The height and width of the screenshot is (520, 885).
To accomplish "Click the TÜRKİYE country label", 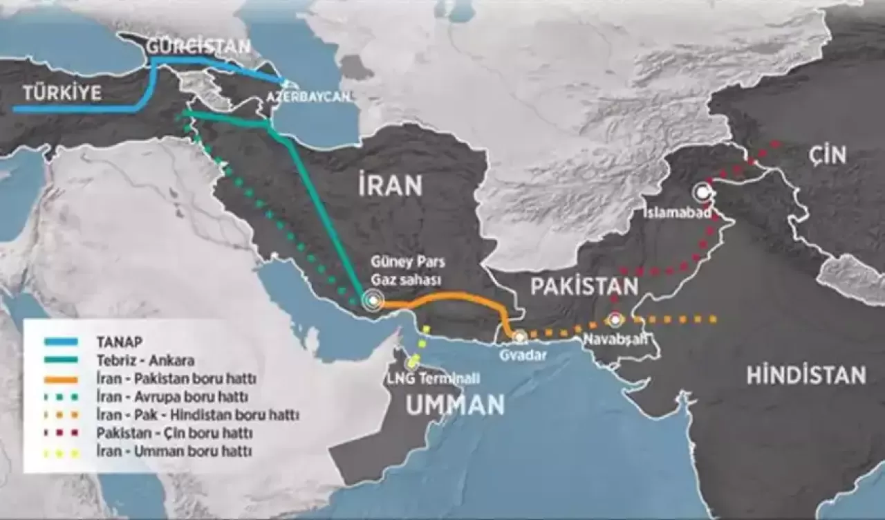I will (x=62, y=93).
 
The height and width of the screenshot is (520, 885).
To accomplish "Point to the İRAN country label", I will (x=390, y=185).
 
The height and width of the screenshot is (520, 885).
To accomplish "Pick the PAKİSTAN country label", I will (x=584, y=286).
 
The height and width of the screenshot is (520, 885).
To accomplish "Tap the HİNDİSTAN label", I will (x=805, y=375).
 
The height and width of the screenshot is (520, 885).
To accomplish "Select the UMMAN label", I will (x=454, y=405).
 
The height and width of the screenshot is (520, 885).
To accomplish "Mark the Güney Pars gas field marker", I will (x=374, y=300).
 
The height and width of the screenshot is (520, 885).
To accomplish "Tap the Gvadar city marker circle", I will (x=519, y=336).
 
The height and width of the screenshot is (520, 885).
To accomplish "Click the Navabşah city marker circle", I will (x=615, y=320).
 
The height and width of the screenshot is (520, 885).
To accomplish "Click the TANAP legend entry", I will (x=119, y=341).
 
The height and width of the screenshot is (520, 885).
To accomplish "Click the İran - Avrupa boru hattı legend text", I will (x=173, y=397).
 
